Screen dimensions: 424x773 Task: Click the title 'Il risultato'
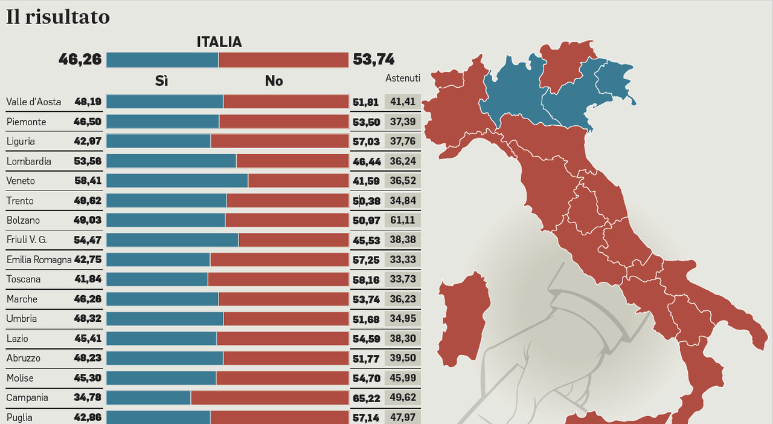coord(58,17)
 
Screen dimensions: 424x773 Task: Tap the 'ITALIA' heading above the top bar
coord(219,42)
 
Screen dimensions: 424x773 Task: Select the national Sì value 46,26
coord(80,59)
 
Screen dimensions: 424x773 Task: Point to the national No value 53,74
coord(374,59)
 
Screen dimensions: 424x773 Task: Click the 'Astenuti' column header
coord(403,78)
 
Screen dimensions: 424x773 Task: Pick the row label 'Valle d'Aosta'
coord(34,102)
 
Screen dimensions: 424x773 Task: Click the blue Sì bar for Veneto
coord(177,181)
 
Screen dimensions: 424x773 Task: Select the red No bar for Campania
coord(269,397)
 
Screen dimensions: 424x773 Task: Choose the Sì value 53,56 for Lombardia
coord(88,161)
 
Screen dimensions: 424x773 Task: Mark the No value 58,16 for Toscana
coord(366,279)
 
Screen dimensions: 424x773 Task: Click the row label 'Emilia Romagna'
coord(39,259)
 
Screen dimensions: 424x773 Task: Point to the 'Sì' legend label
coord(161,81)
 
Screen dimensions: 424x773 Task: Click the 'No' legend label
coord(274,81)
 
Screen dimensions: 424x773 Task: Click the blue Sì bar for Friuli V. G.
coord(172,240)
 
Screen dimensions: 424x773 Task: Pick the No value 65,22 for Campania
coord(366,398)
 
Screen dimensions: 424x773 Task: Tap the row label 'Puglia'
coord(19,417)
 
